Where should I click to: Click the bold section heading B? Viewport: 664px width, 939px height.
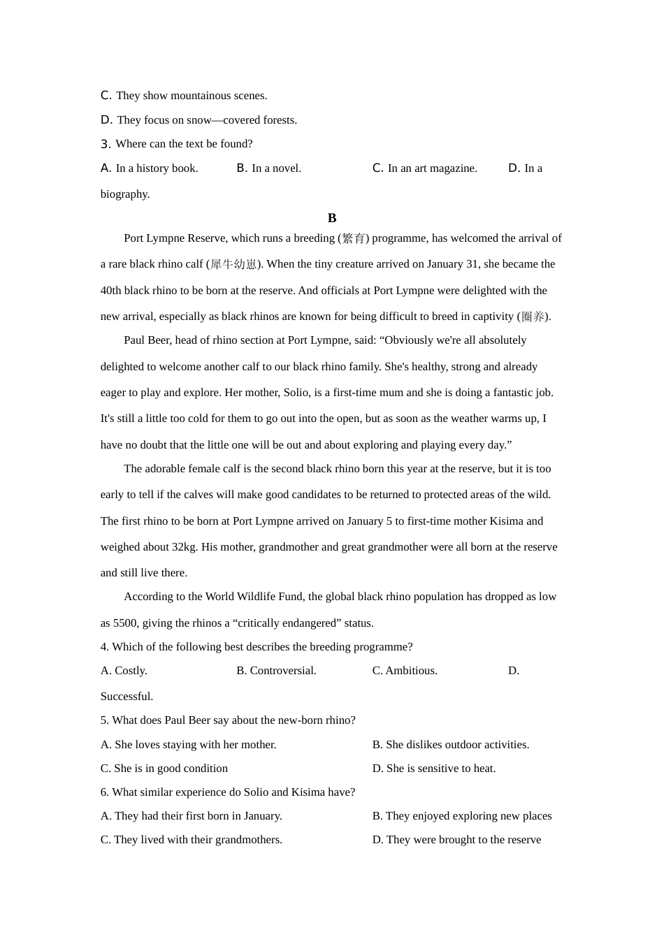332,218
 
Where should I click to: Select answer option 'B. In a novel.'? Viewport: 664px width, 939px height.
269,168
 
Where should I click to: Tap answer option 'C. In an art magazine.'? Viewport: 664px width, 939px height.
425,168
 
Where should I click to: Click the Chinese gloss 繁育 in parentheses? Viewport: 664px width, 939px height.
354,238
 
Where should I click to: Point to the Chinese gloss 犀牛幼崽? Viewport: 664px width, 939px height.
233,264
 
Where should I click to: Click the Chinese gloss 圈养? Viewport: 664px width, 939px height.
533,316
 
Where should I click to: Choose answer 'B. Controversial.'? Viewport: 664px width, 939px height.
276,671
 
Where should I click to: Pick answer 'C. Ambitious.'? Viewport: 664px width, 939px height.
405,671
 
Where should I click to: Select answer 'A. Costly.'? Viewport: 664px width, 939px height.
124,671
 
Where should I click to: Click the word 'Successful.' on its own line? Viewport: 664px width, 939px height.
127,697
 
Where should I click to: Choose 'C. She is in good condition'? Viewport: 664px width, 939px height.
164,769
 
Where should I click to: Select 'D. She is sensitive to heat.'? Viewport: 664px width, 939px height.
434,769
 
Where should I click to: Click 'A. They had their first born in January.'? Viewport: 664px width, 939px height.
192,816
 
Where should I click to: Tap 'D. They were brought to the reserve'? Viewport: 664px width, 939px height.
456,840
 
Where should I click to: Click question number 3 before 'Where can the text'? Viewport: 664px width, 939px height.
106,145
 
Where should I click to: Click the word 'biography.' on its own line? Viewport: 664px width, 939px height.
125,194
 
